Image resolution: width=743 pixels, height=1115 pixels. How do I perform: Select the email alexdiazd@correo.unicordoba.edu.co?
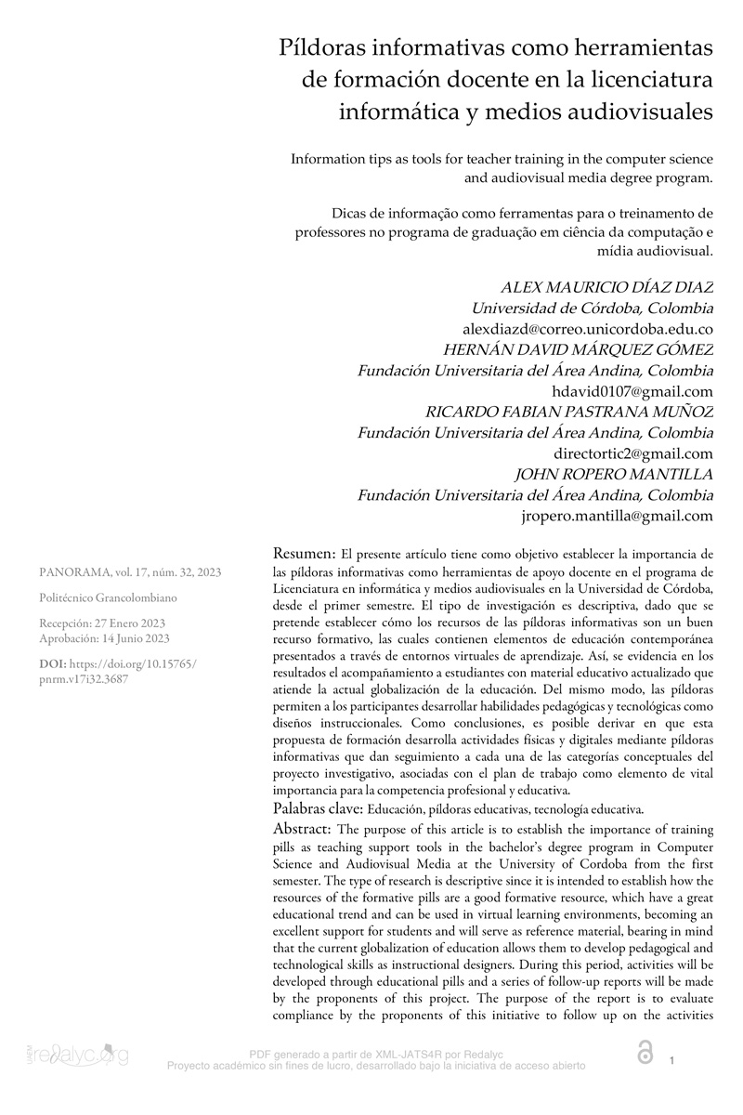(x=588, y=329)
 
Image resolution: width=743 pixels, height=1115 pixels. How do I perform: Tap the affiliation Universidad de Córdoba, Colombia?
(x=593, y=308)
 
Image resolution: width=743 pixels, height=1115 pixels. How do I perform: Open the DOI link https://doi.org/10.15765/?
(x=136, y=664)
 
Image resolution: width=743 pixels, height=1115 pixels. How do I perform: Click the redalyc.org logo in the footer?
(x=78, y=1056)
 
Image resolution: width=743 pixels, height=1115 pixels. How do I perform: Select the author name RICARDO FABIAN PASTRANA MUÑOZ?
(x=569, y=412)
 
